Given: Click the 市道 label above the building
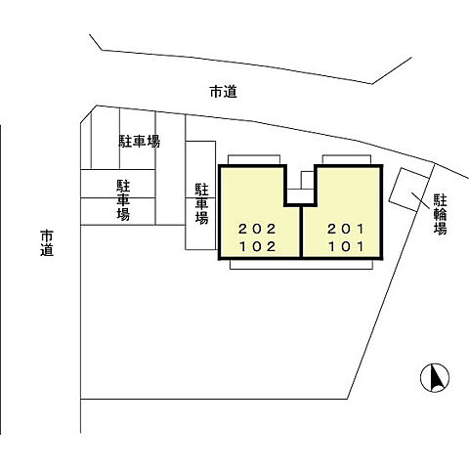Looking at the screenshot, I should pyautogui.click(x=224, y=93).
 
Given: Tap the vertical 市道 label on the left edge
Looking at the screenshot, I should pyautogui.click(x=46, y=242).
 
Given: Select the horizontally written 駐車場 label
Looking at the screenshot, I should pyautogui.click(x=140, y=142).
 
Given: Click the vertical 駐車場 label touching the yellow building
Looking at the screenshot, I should pyautogui.click(x=201, y=203).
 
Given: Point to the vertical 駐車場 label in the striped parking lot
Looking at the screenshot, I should pyautogui.click(x=124, y=199).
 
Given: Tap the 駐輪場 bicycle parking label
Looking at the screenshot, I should pyautogui.click(x=441, y=213).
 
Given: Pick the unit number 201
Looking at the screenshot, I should pyautogui.click(x=346, y=230).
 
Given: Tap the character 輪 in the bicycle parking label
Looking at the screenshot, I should pyautogui.click(x=441, y=213).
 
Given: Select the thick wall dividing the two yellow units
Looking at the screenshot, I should pyautogui.click(x=301, y=233).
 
